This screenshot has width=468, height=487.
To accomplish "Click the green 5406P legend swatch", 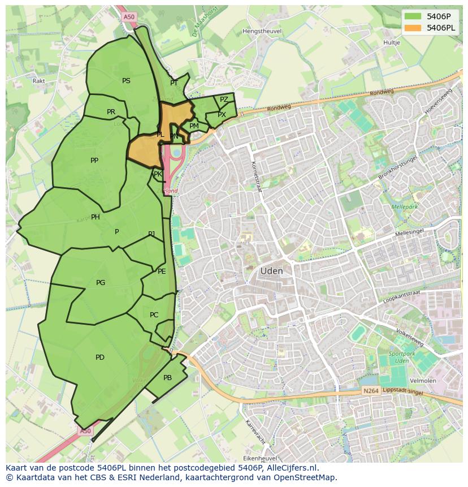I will [413, 16].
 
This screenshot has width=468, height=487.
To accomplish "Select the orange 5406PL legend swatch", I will [413, 27].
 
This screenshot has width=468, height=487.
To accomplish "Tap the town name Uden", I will [271, 271].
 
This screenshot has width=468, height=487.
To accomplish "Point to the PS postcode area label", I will [126, 81].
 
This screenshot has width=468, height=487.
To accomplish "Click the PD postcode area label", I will [100, 357].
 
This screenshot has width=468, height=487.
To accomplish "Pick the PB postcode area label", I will [167, 378].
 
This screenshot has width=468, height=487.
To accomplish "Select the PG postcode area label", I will [101, 283].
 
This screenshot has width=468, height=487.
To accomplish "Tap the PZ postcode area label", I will [224, 100].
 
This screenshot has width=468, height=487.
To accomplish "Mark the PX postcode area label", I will [222, 115].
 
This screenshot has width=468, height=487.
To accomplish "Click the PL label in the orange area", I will [160, 135].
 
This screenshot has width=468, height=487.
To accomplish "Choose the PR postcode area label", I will [111, 112].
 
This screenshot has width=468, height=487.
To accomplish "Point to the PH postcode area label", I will [96, 217].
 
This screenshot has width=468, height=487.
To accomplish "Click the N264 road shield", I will [370, 391].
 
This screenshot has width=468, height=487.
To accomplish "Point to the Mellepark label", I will [404, 207].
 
